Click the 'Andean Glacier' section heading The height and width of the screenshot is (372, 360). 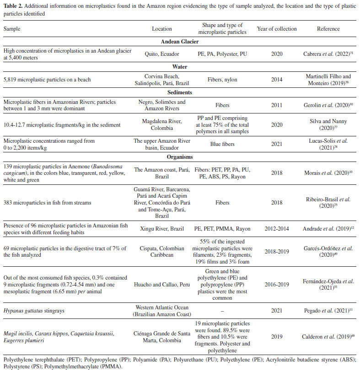click(x=180, y=41)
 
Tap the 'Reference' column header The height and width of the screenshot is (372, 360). click(x=328, y=28)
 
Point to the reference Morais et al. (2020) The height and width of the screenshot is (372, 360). click(x=328, y=173)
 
